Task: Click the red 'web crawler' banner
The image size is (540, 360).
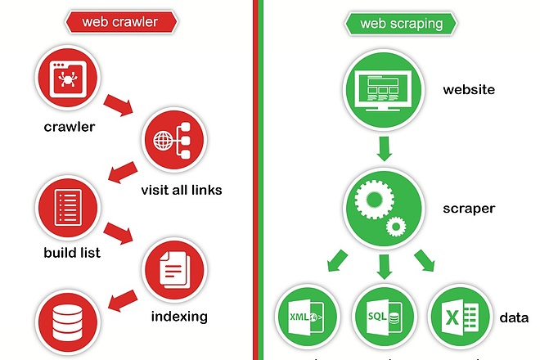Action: [121, 22]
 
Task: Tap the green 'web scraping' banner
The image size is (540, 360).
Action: [401, 24]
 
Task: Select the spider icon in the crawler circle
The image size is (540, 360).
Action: [68, 79]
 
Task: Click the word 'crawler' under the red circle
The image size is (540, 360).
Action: [70, 127]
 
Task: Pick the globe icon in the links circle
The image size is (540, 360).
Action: [163, 141]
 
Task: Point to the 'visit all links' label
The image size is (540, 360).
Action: [182, 190]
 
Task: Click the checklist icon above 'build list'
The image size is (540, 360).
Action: [68, 207]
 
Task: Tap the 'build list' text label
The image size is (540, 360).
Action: [72, 253]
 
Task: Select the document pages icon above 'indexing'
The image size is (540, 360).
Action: [174, 270]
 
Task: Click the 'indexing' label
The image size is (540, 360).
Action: [179, 317]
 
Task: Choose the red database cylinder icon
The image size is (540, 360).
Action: [67, 322]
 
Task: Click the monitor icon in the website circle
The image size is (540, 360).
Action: [384, 90]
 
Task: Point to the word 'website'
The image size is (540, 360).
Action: [469, 89]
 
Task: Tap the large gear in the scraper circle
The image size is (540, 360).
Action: [374, 199]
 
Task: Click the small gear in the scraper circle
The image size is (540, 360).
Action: [396, 227]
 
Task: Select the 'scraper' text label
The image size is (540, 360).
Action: [469, 209]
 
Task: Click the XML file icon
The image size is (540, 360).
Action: [306, 317]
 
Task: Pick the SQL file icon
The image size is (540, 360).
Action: [384, 317]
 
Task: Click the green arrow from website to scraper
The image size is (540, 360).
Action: [384, 148]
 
